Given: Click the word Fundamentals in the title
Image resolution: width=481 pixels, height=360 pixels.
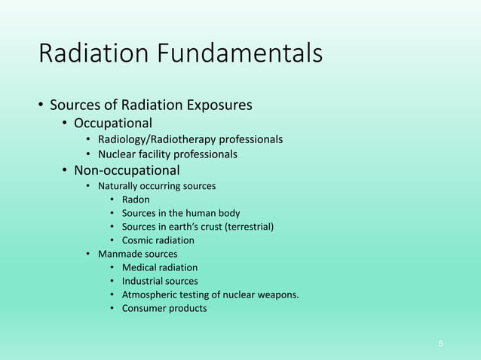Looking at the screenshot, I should (x=240, y=55).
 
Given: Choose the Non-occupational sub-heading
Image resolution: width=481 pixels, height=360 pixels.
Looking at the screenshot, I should (x=127, y=170).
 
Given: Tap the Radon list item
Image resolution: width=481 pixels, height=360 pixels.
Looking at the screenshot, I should (x=136, y=200).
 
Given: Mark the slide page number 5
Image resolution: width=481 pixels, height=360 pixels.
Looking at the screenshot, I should (x=441, y=344).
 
